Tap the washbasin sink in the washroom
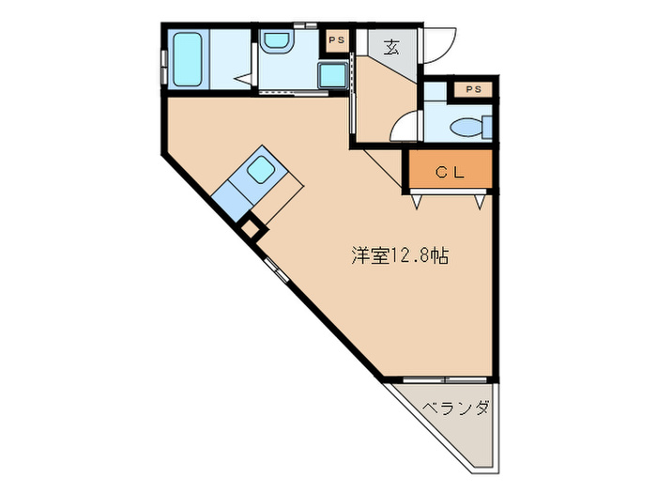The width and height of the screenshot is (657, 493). pyautogui.click(x=275, y=42)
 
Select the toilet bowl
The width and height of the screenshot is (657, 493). pyautogui.click(x=468, y=126)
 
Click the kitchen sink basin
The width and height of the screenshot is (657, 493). pyautogui.click(x=262, y=169)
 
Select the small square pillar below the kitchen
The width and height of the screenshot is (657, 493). pyautogui.click(x=251, y=227)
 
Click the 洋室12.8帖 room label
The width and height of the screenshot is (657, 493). pyautogui.click(x=398, y=255)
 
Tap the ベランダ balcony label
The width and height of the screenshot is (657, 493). pyautogui.click(x=455, y=409)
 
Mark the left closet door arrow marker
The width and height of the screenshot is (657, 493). pyautogui.click(x=416, y=200)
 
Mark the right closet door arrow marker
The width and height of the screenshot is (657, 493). pyautogui.click(x=480, y=200)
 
